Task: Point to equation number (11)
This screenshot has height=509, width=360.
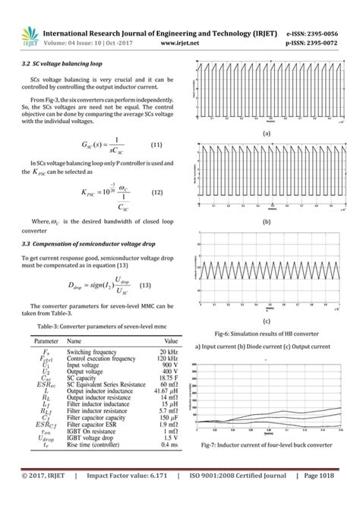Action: [157, 144]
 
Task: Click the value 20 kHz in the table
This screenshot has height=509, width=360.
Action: [167, 353]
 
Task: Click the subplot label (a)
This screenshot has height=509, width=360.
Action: [267, 132]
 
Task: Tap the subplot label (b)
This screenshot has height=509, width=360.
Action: [267, 222]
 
